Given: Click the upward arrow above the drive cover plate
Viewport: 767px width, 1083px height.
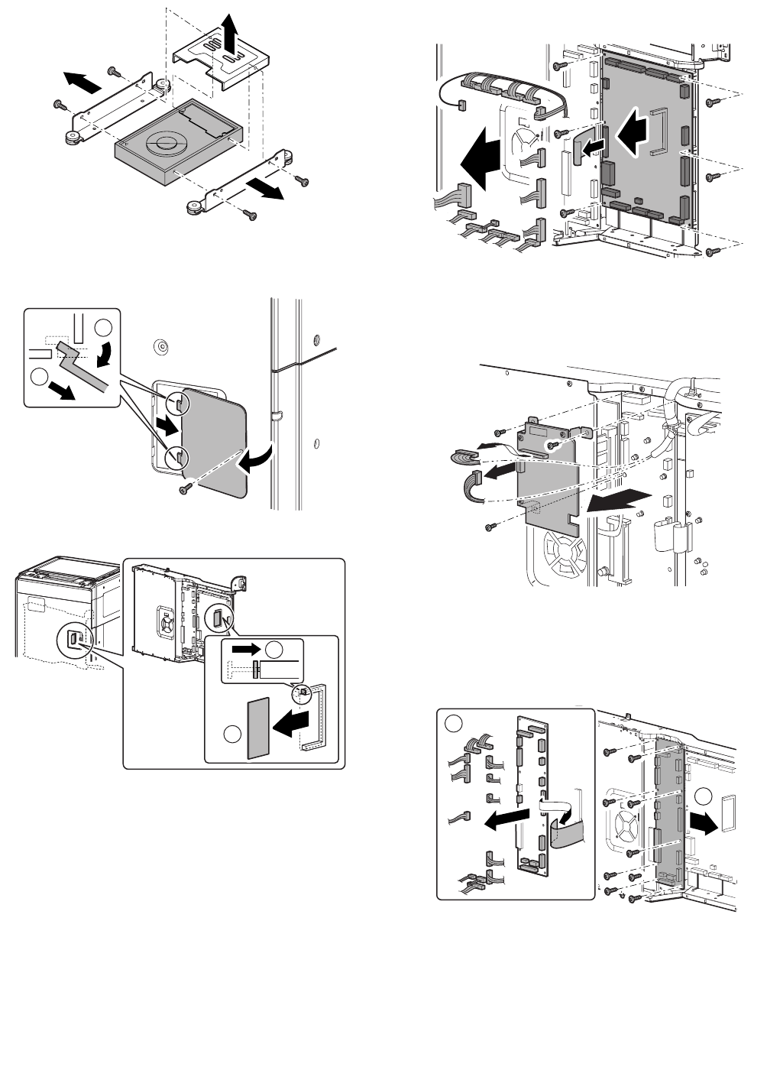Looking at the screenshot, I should (228, 34).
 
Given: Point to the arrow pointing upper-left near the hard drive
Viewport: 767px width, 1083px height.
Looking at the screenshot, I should (81, 78).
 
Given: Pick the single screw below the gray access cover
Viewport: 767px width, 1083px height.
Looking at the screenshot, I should (185, 489).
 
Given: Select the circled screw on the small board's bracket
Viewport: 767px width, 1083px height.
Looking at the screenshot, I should (552, 444).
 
